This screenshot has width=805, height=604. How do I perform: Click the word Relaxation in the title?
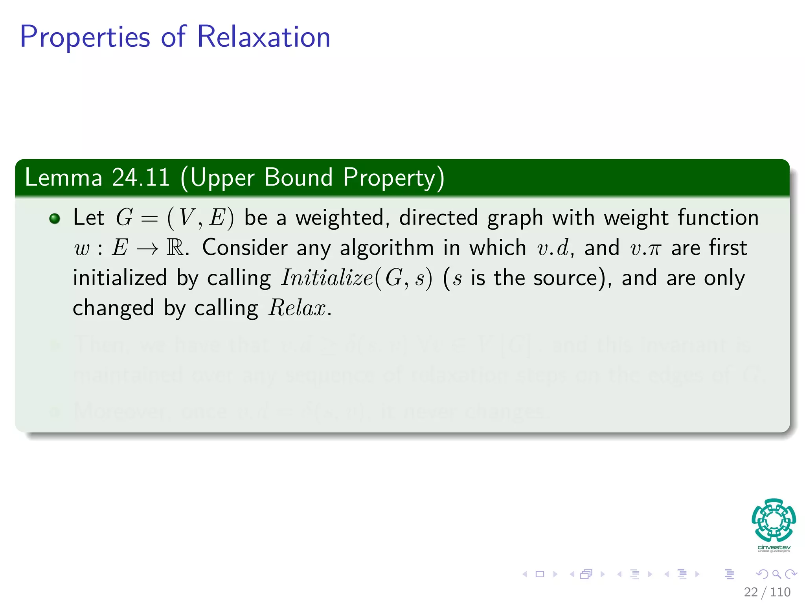[x=263, y=37]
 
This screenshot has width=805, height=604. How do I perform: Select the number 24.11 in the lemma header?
[x=141, y=177]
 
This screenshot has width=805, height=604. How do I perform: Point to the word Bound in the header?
[x=298, y=177]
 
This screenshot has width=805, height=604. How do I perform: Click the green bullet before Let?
[x=55, y=219]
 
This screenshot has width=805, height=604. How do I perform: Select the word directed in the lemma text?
[x=438, y=218]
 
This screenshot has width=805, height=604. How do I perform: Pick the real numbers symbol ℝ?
[x=175, y=248]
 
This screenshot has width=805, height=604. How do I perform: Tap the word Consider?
[x=245, y=248]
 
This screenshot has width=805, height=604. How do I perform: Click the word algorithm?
[x=387, y=248]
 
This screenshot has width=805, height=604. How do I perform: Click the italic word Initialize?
[x=327, y=278]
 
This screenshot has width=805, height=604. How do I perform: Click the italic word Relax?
[x=297, y=308]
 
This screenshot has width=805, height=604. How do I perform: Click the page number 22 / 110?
[x=767, y=592]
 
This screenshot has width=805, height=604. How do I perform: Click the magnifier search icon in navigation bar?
[x=776, y=574]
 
